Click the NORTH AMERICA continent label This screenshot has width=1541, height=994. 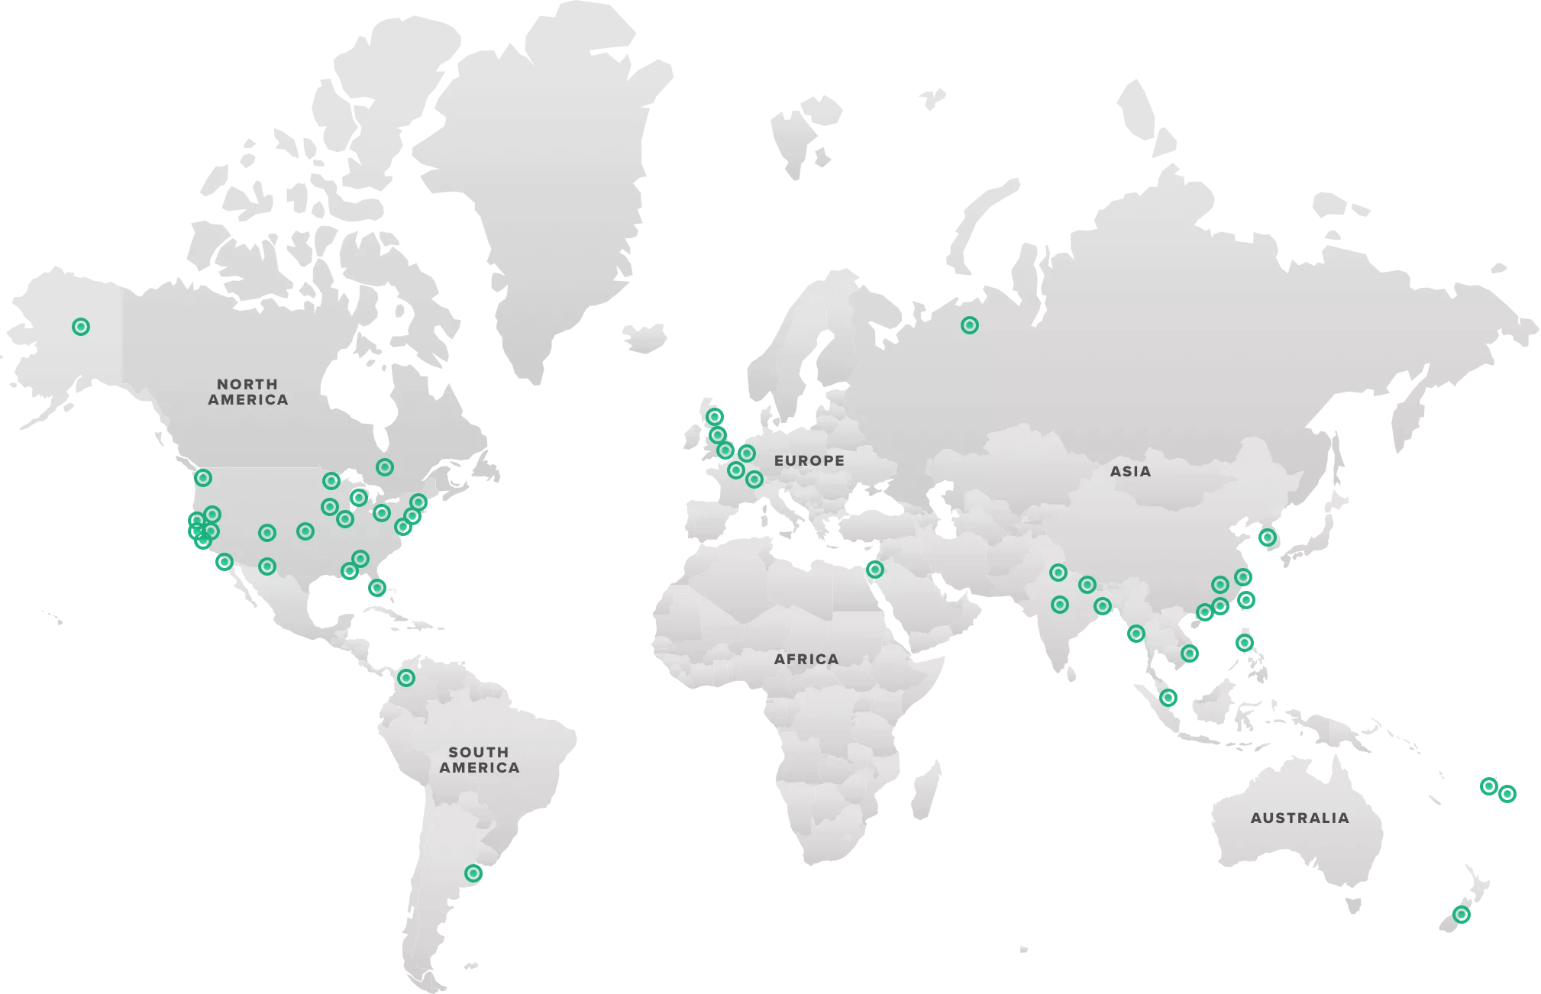pos(248,392)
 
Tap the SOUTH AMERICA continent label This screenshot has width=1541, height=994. pos(479,760)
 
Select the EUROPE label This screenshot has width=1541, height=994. pos(809,460)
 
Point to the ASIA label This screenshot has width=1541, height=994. pos(1130,471)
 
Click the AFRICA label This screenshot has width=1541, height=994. pos(806,659)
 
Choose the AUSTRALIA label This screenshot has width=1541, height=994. pos(1300,818)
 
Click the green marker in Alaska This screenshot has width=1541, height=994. pos(81,327)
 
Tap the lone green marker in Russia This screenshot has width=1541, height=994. pos(969,325)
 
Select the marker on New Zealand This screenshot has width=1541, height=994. pos(1461,914)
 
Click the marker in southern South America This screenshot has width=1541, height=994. pos(473,873)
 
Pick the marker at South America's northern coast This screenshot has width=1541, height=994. pos(406,677)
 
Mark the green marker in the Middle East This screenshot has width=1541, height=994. pos(874,569)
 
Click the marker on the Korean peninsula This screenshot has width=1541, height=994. pos(1267,537)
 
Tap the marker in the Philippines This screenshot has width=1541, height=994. pos(1245,643)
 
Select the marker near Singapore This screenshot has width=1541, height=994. pos(1168,697)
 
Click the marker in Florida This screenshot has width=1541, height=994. pos(376,588)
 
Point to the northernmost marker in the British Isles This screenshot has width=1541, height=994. pos(715,417)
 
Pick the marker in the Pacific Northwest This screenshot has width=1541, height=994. pos(202,478)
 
